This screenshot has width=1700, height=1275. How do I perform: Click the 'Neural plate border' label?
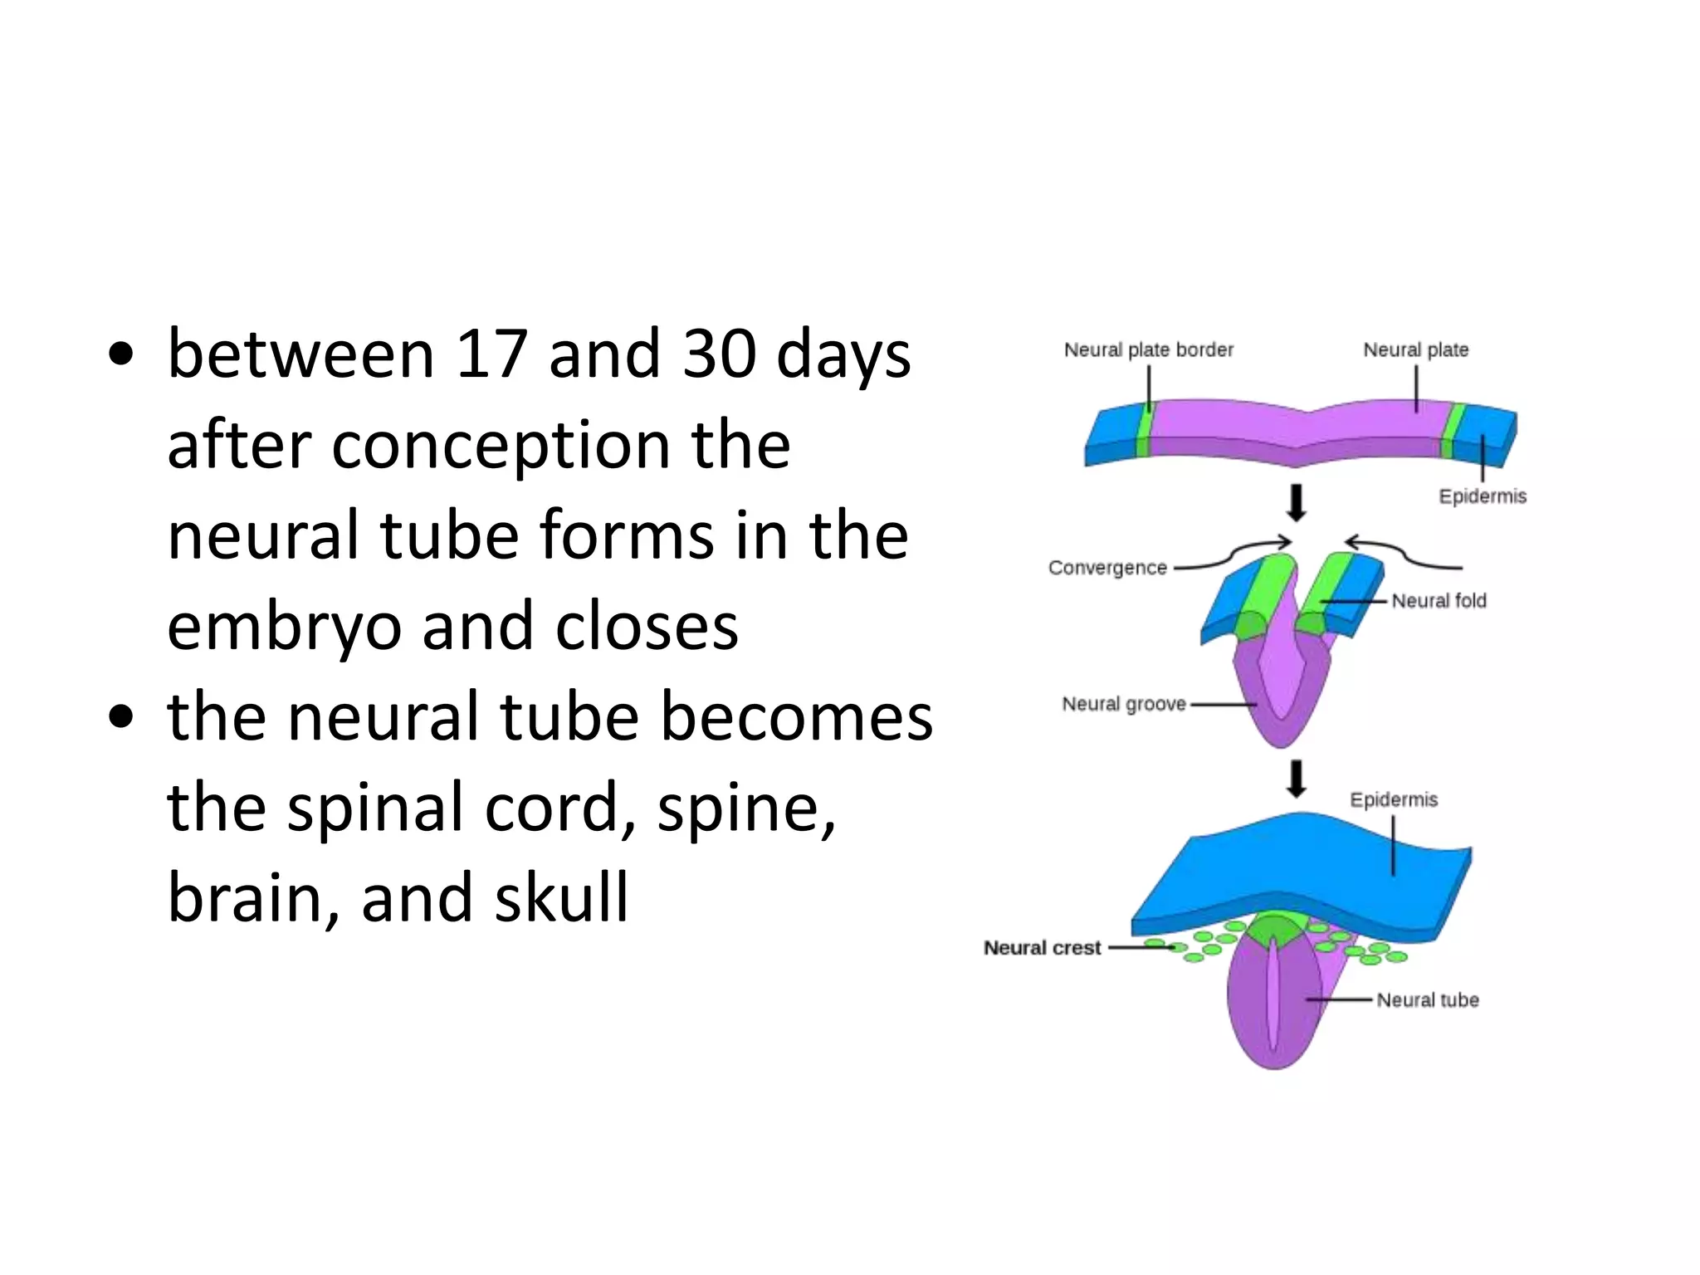pyautogui.click(x=1148, y=350)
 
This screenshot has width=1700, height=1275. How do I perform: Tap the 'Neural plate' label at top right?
pyautogui.click(x=1415, y=350)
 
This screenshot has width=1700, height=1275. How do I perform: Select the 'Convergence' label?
pyautogui.click(x=1107, y=568)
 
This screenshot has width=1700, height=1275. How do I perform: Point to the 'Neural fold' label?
pyautogui.click(x=1439, y=601)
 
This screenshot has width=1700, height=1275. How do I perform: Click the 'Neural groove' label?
pyautogui.click(x=1124, y=705)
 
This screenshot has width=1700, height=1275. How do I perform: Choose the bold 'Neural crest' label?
pyautogui.click(x=1042, y=948)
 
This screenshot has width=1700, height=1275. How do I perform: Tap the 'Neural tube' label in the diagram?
pyautogui.click(x=1428, y=1000)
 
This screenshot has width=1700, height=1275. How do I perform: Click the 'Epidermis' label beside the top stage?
pyautogui.click(x=1483, y=496)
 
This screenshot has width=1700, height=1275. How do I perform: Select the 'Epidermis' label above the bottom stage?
pyautogui.click(x=1394, y=800)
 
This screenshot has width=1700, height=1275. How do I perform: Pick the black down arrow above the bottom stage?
pyautogui.click(x=1296, y=779)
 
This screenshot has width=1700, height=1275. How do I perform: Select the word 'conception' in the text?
pyautogui.click(x=501, y=446)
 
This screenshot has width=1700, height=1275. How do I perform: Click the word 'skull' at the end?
pyautogui.click(x=561, y=898)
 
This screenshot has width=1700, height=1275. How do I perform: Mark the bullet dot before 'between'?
pyautogui.click(x=121, y=355)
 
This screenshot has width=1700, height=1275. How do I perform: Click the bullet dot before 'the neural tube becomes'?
pyautogui.click(x=121, y=718)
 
